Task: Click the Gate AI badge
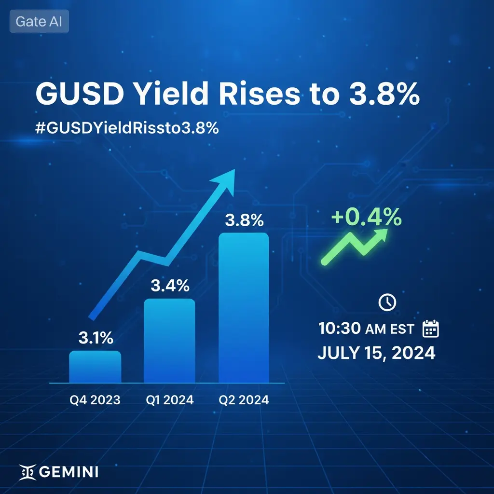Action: click(39, 21)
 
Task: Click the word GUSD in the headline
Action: click(80, 94)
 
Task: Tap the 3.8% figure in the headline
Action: click(384, 94)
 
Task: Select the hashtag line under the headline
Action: click(127, 128)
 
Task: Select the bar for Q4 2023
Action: click(95, 367)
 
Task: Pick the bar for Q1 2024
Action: click(169, 341)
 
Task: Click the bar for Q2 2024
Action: click(244, 308)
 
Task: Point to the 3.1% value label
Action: click(96, 338)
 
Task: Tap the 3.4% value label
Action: click(170, 286)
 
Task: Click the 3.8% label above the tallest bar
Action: click(244, 220)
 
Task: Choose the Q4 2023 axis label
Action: click(95, 400)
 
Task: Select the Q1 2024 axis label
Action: click(169, 400)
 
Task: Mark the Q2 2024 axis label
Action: click(244, 400)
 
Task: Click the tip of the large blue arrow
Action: click(235, 169)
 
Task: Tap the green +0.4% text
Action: click(367, 217)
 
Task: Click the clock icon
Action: click(387, 302)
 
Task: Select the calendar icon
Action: click(430, 329)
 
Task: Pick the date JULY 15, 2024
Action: click(376, 353)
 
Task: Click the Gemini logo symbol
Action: click(27, 472)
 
